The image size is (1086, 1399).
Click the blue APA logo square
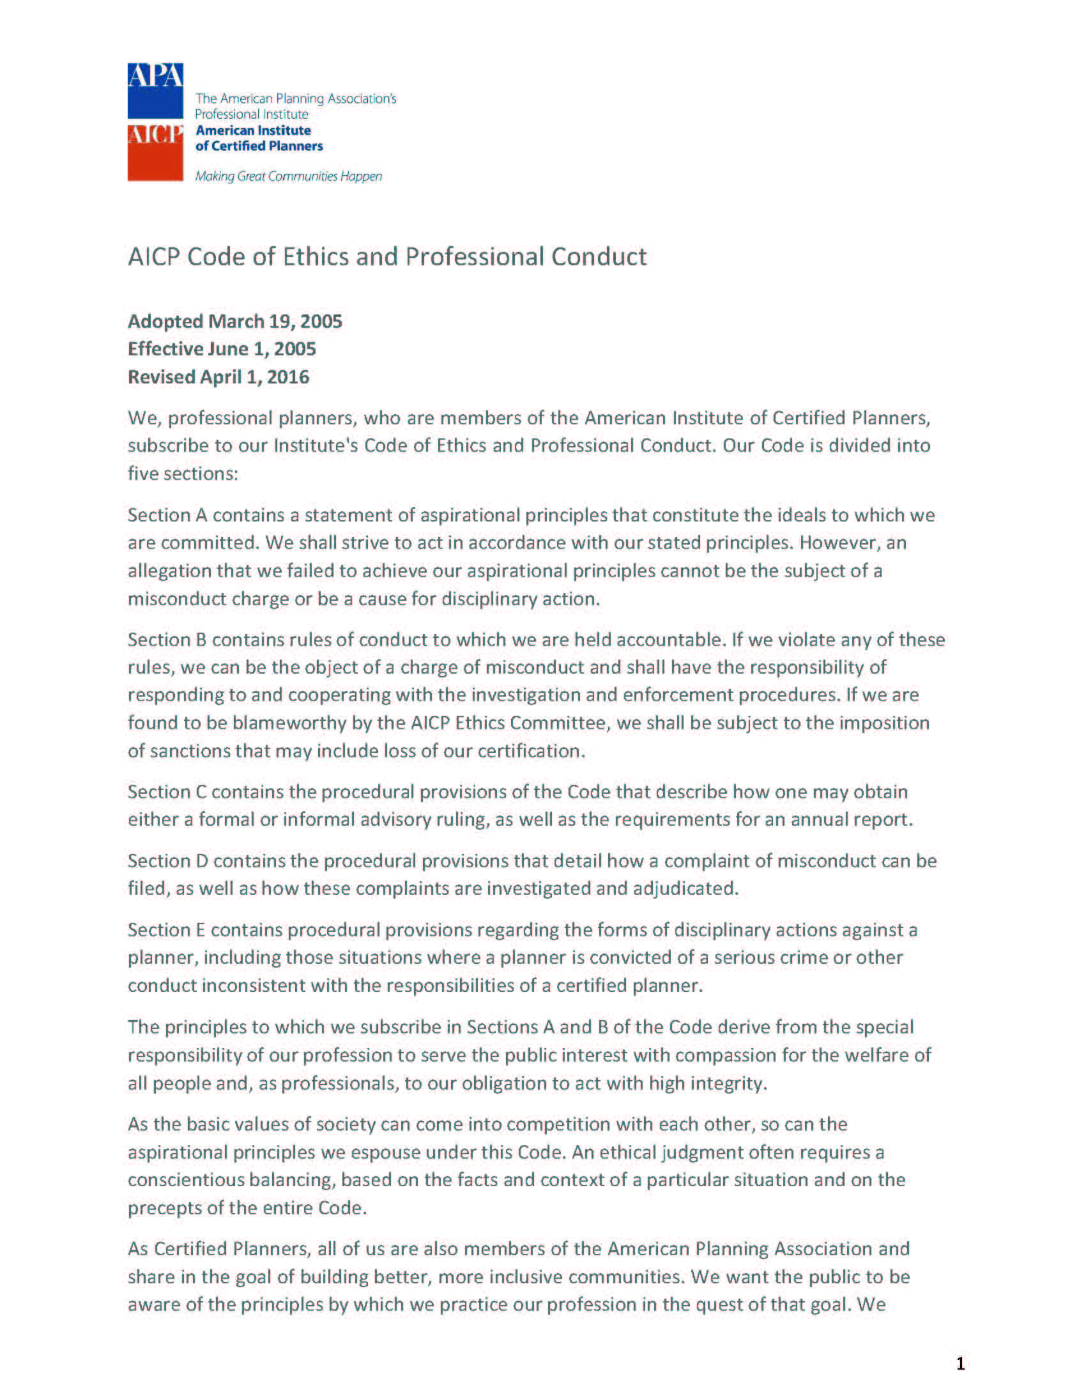click(x=155, y=90)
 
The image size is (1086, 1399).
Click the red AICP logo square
click(x=155, y=153)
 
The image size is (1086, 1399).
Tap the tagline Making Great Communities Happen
click(x=288, y=176)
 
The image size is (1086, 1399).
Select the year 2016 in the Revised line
click(x=287, y=376)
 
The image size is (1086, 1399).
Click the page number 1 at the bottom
click(x=960, y=1364)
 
